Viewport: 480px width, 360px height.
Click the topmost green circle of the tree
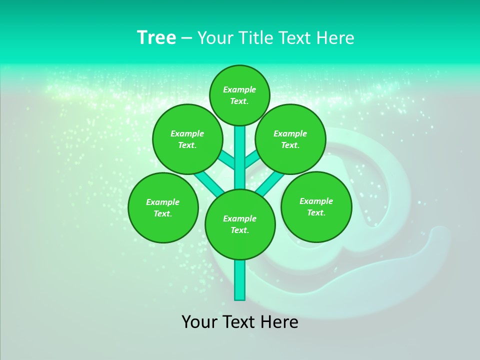(239, 95)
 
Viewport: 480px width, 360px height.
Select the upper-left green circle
(187, 139)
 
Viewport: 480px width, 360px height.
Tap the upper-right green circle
(290, 139)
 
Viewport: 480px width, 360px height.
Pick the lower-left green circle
(163, 207)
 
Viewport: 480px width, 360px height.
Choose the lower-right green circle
(316, 206)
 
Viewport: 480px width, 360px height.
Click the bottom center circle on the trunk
(240, 224)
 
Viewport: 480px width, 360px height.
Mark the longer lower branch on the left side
(209, 182)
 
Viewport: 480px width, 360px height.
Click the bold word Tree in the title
(156, 37)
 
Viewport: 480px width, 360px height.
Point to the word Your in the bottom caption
(199, 322)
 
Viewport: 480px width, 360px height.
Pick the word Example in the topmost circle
(239, 89)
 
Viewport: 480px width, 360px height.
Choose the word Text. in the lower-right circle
(316, 212)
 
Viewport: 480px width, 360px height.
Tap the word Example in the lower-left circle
(162, 202)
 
